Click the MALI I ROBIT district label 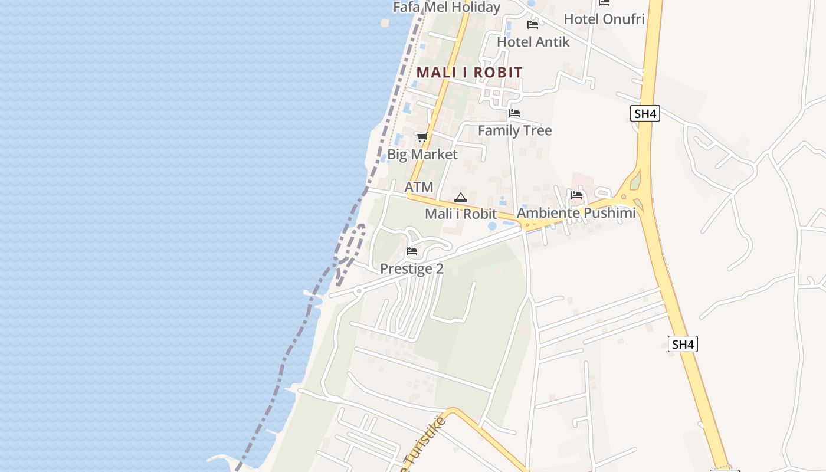coord(469,73)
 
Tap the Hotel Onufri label coord(604,19)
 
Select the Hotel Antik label coord(533,42)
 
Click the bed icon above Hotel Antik coord(533,25)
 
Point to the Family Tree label coord(514,130)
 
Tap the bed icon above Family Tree coord(514,113)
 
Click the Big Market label coord(422,155)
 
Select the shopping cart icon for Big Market coord(422,137)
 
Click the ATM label coord(419,187)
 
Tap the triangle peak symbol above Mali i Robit coord(461,197)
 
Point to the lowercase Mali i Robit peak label coord(461,214)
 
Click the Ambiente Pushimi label coord(576,213)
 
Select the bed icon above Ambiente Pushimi coord(576,195)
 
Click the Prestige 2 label coord(412,268)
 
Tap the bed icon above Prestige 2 coord(412,251)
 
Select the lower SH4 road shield coord(683,344)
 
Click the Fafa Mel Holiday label coord(447,7)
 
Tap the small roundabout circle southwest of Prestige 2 coord(358,291)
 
